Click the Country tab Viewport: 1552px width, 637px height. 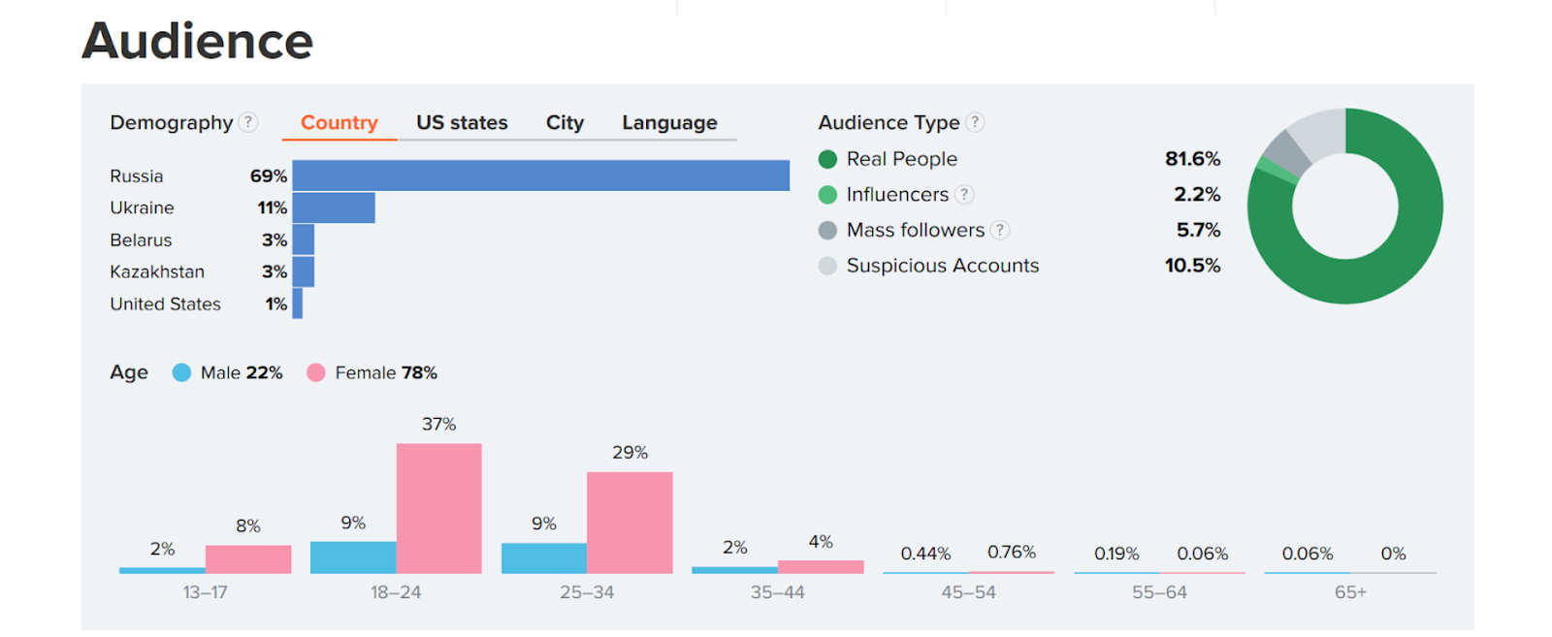(x=339, y=123)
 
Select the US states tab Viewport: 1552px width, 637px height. (x=462, y=123)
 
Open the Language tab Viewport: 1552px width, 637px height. (x=669, y=123)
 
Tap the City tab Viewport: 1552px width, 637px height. (x=565, y=123)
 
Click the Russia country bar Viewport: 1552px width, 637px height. (x=540, y=175)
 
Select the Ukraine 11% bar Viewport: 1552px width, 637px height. (x=334, y=207)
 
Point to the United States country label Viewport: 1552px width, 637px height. (x=165, y=304)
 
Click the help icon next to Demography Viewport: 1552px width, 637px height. (x=249, y=122)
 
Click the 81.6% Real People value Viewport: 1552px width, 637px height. (x=1192, y=159)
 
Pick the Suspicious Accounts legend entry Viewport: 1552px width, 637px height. (x=941, y=266)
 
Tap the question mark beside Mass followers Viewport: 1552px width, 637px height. (x=1000, y=230)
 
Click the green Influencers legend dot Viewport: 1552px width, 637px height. (x=827, y=195)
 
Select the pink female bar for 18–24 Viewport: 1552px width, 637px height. (x=438, y=508)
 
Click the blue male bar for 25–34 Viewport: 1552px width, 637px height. (x=543, y=557)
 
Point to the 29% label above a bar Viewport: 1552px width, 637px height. (x=630, y=453)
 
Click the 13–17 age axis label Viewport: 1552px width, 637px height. (x=205, y=592)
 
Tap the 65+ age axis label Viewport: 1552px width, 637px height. (x=1349, y=592)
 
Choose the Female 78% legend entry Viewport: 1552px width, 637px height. (x=373, y=373)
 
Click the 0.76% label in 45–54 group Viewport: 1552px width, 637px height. (x=1011, y=553)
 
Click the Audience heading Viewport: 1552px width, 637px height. (x=198, y=42)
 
